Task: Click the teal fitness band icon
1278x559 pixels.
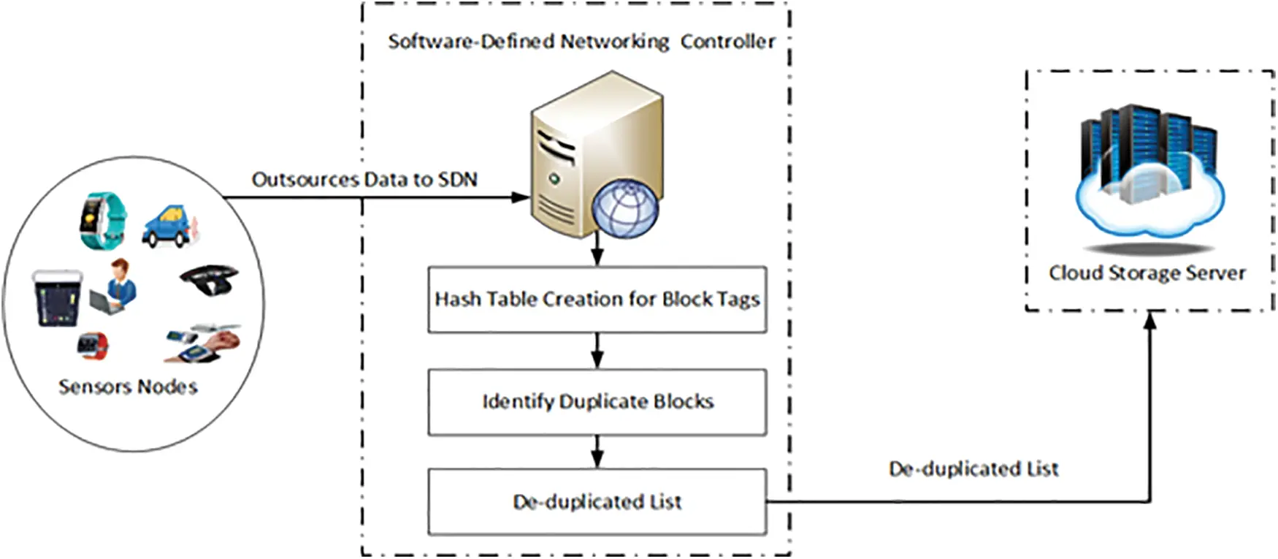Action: click(103, 220)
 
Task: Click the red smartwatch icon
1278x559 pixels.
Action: click(93, 345)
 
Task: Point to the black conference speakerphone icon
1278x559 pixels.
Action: click(209, 280)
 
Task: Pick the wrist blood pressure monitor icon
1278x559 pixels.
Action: click(204, 343)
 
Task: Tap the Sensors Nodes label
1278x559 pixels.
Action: click(128, 387)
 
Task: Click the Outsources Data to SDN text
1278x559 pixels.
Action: click(364, 179)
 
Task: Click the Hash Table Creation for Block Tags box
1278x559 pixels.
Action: click(597, 300)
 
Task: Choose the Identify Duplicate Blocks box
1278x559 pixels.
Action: click(597, 402)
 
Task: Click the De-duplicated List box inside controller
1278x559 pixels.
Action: click(597, 502)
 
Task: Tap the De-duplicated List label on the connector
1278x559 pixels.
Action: click(973, 469)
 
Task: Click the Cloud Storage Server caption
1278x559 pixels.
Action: click(1147, 273)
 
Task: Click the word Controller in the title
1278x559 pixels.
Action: click(727, 42)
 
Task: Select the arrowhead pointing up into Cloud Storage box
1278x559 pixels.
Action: click(1150, 320)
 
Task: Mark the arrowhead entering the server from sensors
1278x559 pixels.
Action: click(521, 197)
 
